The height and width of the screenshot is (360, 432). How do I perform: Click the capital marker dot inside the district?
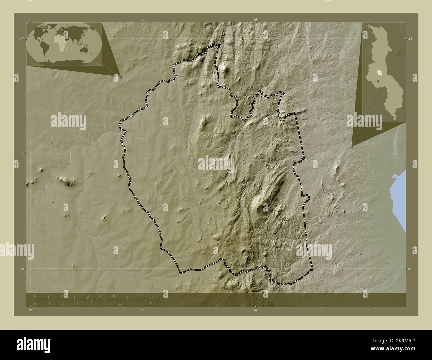pyautogui.click(x=219, y=202)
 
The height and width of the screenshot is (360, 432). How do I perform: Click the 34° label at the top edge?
pyautogui.click(x=255, y=20)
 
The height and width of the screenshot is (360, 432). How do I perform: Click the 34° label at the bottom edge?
pyautogui.click(x=255, y=310)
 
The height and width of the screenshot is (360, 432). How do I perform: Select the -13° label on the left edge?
pyautogui.click(x=21, y=39)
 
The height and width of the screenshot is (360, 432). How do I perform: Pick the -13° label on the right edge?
pyautogui.click(x=411, y=39)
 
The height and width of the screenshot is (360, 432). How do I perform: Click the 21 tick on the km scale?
pyautogui.click(x=127, y=296)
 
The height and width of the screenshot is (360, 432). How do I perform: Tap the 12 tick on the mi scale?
pyautogui.click(x=120, y=304)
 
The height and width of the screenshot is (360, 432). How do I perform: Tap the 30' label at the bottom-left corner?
pyautogui.click(x=30, y=310)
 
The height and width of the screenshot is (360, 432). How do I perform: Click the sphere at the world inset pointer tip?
pyautogui.click(x=120, y=76)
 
